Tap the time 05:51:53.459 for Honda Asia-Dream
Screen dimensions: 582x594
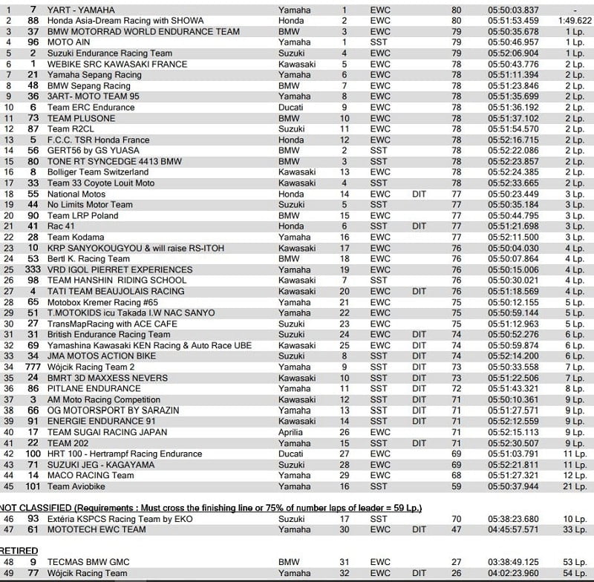(513, 21)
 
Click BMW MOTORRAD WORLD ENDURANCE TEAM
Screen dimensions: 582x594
(143, 32)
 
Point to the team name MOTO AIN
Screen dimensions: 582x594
(70, 42)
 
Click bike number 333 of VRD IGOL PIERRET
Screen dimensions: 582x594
(33, 269)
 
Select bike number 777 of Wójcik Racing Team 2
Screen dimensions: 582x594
(33, 367)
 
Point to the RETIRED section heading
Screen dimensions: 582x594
(20, 551)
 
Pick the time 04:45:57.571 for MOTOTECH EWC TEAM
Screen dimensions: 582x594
(513, 529)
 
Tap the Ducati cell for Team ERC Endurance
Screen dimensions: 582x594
(291, 107)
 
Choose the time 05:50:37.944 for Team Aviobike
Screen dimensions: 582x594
(513, 486)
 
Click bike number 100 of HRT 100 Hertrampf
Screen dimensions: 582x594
(33, 454)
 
